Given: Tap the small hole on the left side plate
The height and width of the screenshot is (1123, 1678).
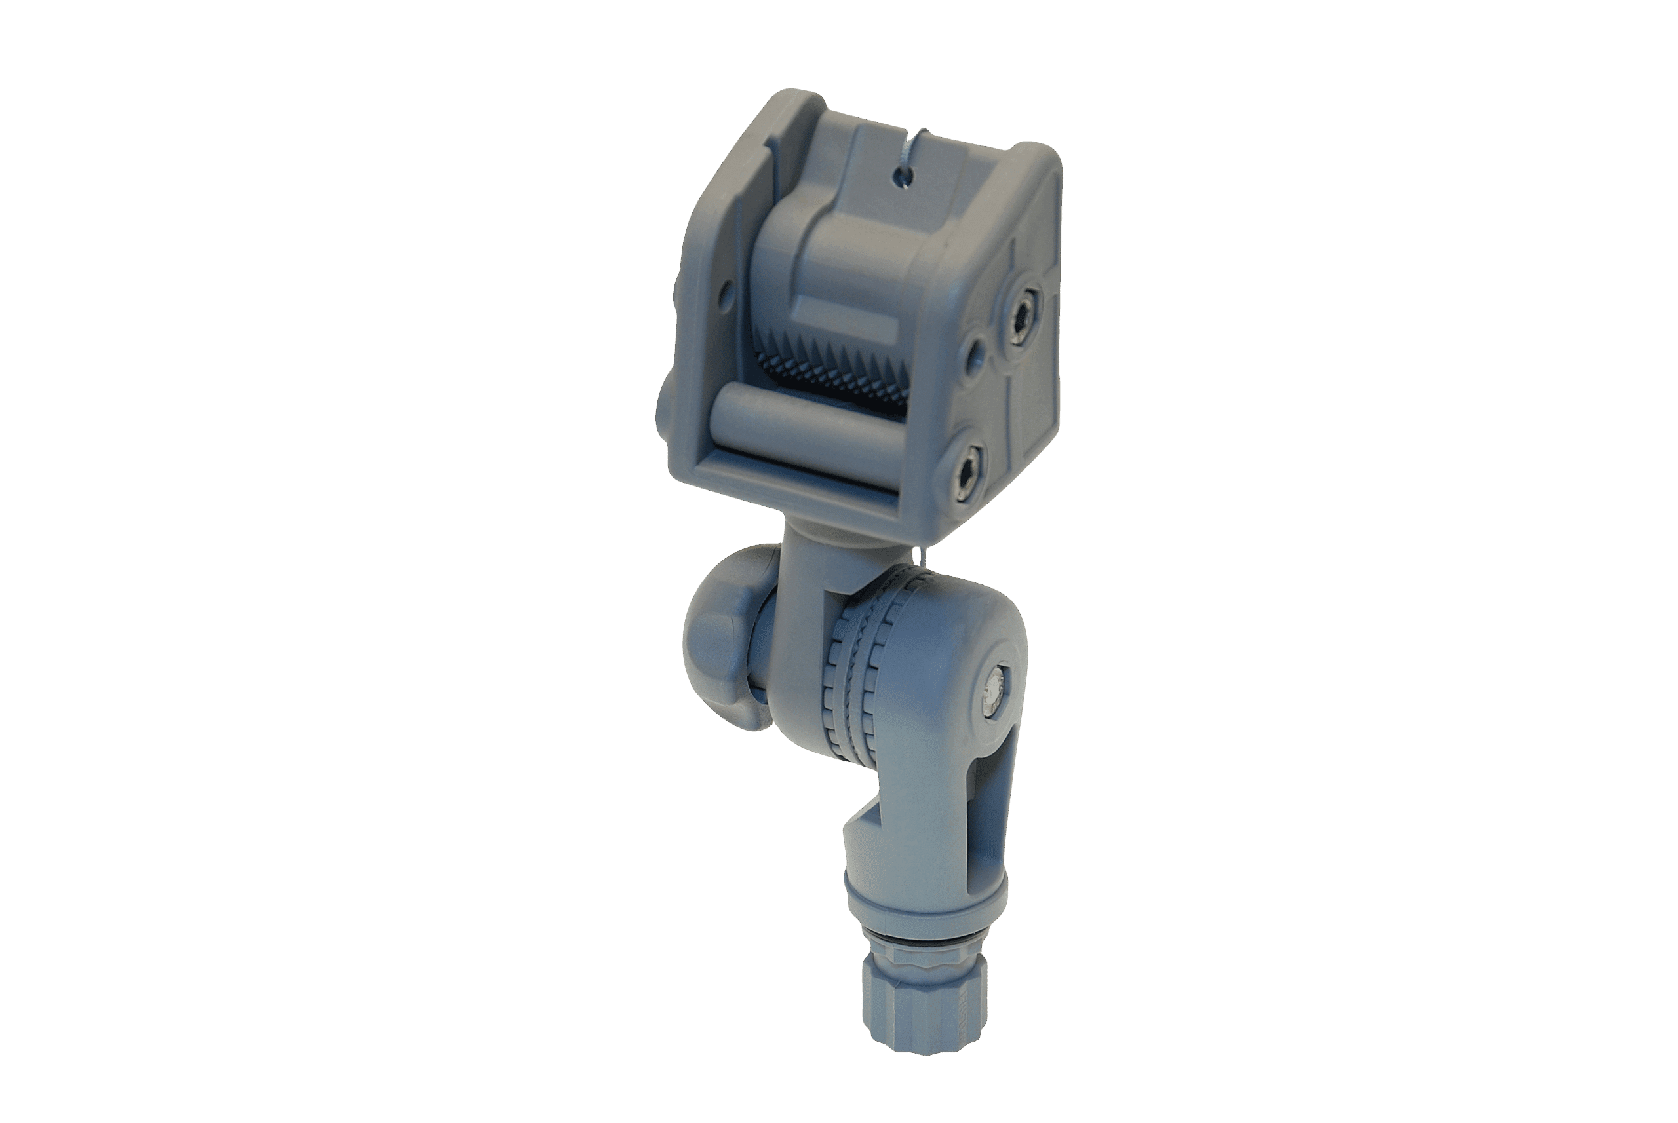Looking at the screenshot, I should (x=726, y=291).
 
